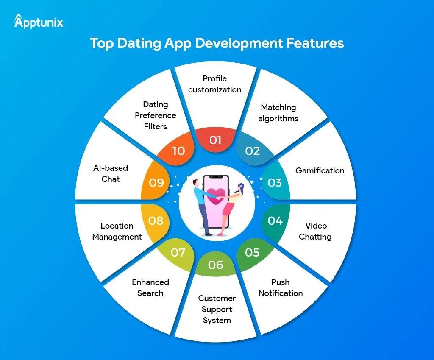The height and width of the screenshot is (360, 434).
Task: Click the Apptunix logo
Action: pyautogui.click(x=39, y=21)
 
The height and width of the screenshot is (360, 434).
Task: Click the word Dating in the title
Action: pyautogui.click(x=139, y=44)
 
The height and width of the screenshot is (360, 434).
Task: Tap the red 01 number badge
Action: pyautogui.click(x=216, y=140)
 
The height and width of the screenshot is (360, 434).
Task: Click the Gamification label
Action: pyautogui.click(x=320, y=170)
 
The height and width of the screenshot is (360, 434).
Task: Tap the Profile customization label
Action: pyautogui.click(x=215, y=84)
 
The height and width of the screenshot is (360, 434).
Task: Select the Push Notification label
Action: pyautogui.click(x=281, y=287)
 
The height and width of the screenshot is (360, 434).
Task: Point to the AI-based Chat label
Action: pyautogui.click(x=111, y=173)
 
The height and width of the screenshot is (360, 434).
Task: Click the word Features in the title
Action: pyautogui.click(x=315, y=43)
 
